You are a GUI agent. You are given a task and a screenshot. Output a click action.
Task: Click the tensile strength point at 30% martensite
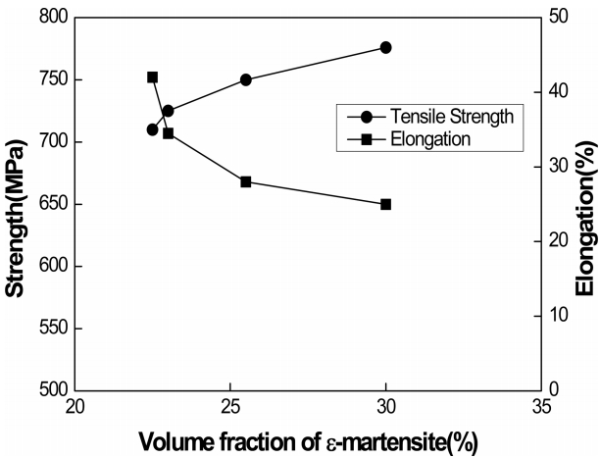click(386, 47)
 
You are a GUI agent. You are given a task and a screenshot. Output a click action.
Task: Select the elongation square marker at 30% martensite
click(386, 204)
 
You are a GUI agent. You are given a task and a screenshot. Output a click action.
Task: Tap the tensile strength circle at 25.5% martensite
click(245, 79)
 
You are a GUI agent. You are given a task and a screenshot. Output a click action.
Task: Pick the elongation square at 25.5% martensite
click(245, 181)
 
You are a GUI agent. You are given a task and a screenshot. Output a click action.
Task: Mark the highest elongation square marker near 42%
click(153, 76)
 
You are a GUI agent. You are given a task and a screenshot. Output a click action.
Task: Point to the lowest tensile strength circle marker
click(153, 129)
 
